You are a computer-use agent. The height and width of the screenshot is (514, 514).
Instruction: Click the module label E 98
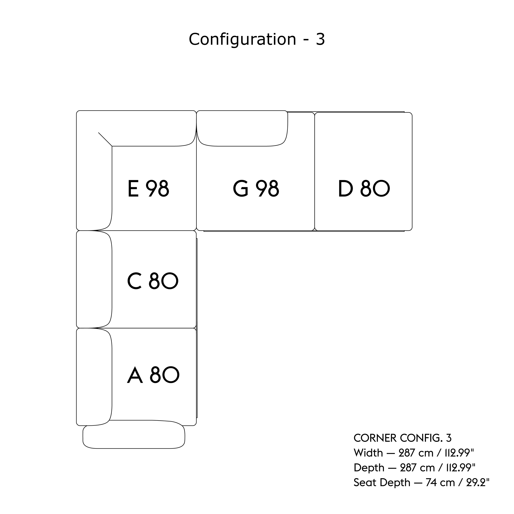(x=148, y=189)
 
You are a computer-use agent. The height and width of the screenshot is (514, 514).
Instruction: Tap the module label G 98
(x=256, y=189)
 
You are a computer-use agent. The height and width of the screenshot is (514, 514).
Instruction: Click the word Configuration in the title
(x=242, y=39)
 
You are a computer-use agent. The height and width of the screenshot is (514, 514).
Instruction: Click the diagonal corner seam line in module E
(x=105, y=139)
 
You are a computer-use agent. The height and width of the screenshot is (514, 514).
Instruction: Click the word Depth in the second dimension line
(x=369, y=467)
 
